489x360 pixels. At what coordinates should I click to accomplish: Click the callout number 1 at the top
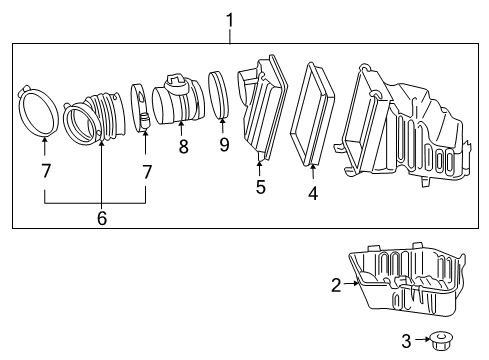(x=230, y=18)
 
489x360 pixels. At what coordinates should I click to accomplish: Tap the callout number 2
(x=337, y=285)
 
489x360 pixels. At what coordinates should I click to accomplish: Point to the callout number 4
(x=312, y=193)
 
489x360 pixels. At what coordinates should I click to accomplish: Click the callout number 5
(x=260, y=186)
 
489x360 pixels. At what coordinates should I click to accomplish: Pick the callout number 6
(x=100, y=218)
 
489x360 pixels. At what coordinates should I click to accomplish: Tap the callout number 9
(x=224, y=145)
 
